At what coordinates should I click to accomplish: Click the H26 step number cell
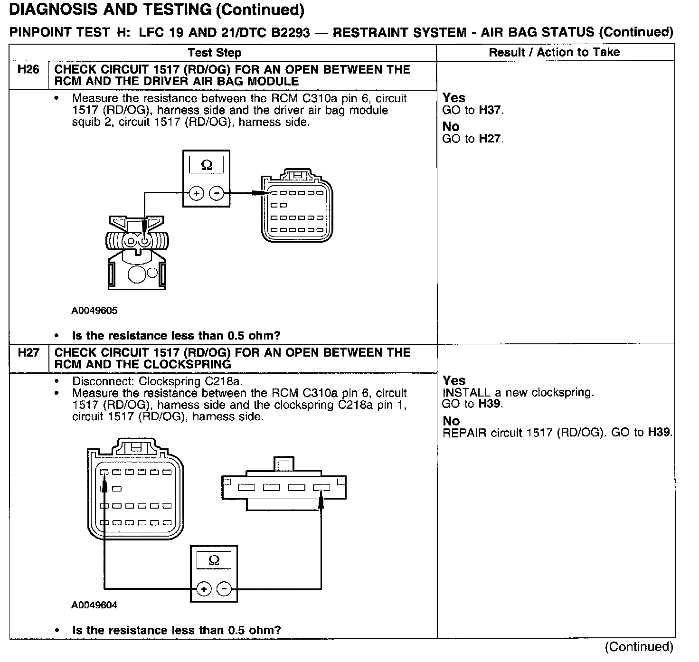[28, 70]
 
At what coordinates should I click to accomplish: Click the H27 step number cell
[28, 353]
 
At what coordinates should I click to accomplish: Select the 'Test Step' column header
[215, 53]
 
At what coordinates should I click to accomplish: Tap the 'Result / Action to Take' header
[554, 52]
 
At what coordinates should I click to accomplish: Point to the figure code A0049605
[94, 311]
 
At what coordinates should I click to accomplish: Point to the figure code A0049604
[94, 605]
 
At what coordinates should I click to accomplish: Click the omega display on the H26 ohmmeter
[207, 165]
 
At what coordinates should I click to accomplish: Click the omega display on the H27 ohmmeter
[214, 560]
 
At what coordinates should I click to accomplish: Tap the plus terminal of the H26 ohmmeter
[196, 193]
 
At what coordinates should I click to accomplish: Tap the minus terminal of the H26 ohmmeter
[217, 193]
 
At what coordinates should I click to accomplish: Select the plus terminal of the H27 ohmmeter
[204, 589]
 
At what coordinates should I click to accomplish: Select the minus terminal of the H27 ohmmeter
[224, 589]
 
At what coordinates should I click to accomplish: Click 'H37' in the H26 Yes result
[490, 110]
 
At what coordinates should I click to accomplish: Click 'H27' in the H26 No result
[490, 139]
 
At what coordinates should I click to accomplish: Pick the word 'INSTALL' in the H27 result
[460, 393]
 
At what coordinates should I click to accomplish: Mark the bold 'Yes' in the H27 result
[454, 381]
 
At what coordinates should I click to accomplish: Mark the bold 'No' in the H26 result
[451, 126]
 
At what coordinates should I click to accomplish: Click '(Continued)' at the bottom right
[639, 647]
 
